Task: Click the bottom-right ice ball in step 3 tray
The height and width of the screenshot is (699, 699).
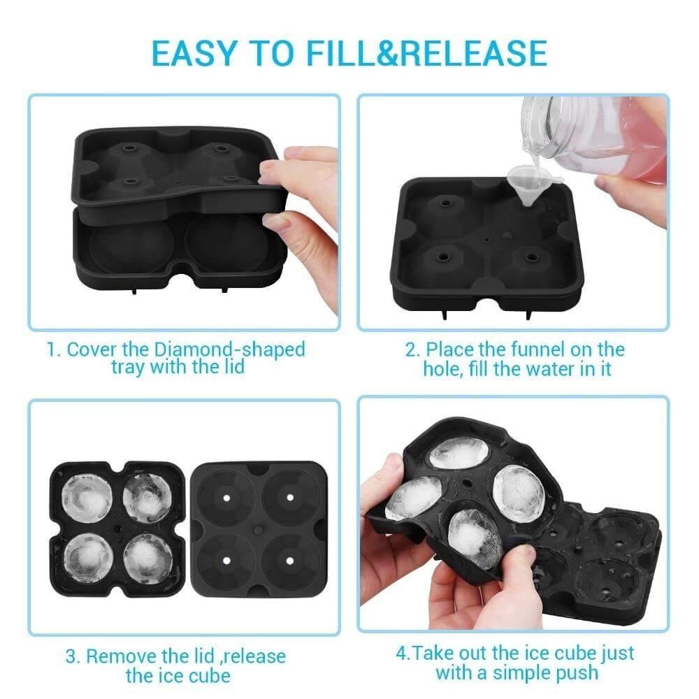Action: (x=147, y=557)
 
